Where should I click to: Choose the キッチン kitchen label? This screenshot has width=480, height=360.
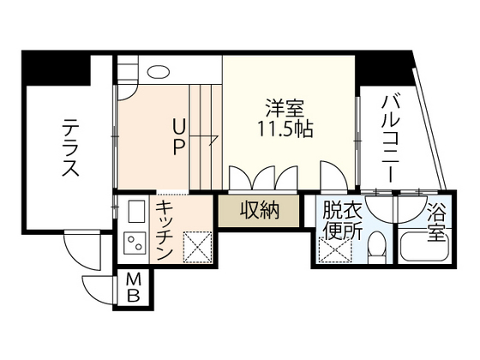click(166, 231)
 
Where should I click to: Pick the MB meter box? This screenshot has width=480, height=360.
click(135, 287)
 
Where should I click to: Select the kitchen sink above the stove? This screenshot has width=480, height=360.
click(135, 211)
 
